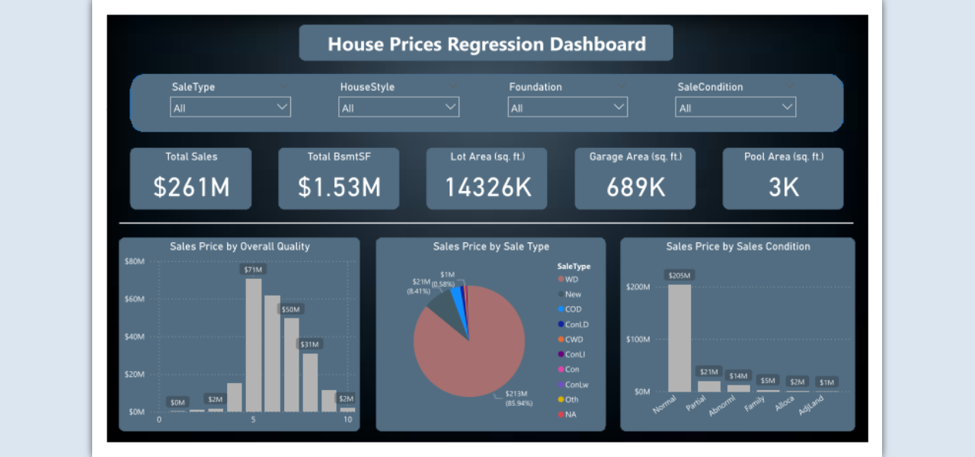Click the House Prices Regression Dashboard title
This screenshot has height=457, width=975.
(486, 43)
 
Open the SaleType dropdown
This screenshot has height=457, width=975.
(230, 107)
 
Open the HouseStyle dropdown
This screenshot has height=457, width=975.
(398, 107)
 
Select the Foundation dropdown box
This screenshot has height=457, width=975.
(567, 107)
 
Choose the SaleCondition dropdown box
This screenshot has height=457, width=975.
(735, 107)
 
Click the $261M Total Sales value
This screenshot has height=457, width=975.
(191, 187)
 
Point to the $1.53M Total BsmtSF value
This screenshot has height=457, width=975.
(339, 187)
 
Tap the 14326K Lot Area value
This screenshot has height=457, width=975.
(487, 187)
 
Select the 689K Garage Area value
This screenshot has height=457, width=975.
(635, 187)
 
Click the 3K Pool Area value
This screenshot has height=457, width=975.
(783, 187)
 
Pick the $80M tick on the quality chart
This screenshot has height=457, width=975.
(134, 261)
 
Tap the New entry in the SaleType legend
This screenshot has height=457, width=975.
(573, 294)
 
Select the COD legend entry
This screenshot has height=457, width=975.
(573, 309)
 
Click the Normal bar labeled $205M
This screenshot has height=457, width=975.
(679, 338)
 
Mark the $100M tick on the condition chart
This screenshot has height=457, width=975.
(638, 339)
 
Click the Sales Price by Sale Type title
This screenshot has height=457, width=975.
(491, 247)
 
